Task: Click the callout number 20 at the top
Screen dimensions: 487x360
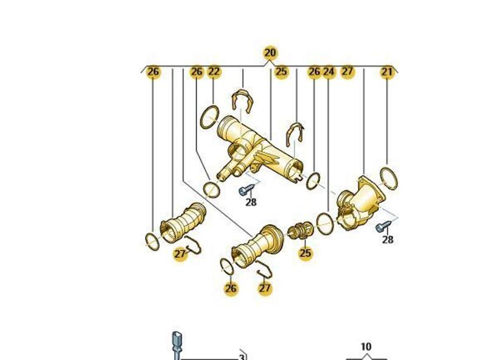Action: point(270,53)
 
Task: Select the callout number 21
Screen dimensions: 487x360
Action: point(387,72)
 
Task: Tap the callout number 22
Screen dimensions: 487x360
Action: point(214,71)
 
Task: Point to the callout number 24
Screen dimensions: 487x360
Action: point(329,72)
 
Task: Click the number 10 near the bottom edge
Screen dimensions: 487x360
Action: point(366,347)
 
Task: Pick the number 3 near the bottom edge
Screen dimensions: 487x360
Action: point(242,357)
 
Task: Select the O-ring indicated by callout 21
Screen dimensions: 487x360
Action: point(388,178)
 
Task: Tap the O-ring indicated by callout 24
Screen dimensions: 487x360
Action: point(325,223)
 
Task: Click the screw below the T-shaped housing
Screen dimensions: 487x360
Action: point(247,189)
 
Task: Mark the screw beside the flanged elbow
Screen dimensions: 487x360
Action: point(383,226)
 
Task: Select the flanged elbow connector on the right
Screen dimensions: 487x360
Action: point(360,203)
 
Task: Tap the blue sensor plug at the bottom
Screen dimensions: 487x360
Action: point(177,346)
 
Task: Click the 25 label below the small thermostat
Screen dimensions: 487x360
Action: point(305,253)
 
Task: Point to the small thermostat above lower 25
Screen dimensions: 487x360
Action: point(299,230)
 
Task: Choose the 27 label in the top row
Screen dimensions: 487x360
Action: point(347,71)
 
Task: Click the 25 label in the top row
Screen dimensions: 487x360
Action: point(281,72)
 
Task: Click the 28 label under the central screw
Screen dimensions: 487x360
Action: point(251,202)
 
